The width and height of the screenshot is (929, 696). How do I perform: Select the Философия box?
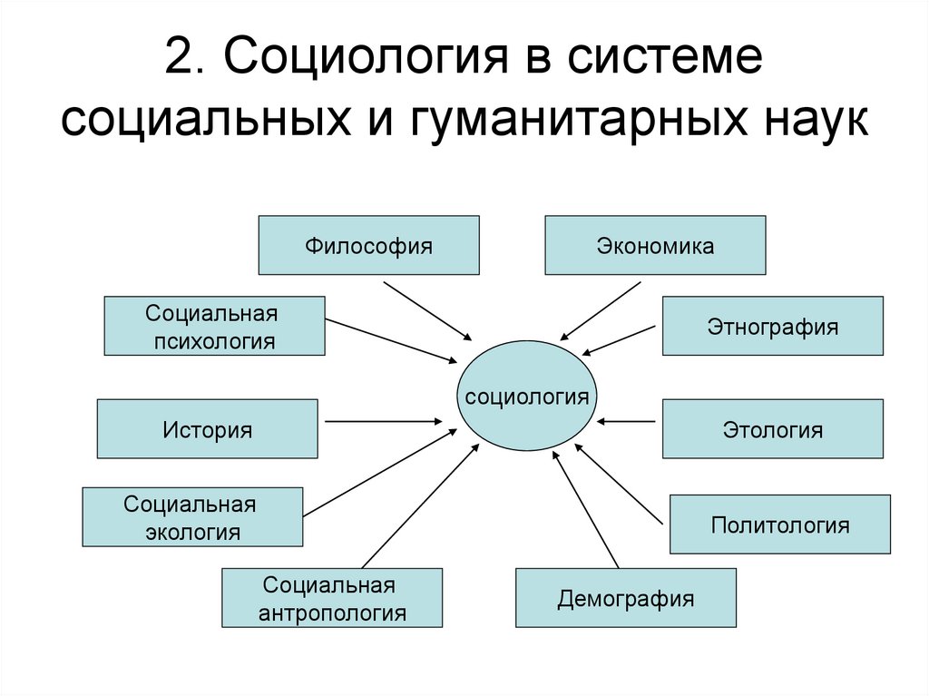[368, 245]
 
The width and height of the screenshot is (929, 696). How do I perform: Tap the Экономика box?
[655, 245]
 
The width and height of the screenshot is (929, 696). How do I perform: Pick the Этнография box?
[772, 326]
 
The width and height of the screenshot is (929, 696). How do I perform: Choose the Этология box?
[772, 428]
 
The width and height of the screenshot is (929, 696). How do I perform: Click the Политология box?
[779, 524]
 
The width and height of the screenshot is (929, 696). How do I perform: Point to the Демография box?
[626, 597]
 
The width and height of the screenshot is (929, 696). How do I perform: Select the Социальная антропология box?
[332, 597]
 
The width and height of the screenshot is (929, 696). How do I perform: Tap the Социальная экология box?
[192, 517]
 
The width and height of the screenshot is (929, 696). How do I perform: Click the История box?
[207, 428]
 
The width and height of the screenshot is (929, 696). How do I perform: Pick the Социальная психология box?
[214, 326]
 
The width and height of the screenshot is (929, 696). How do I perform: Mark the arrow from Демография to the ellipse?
[586, 508]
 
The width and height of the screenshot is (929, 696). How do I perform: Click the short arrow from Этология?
[627, 421]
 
